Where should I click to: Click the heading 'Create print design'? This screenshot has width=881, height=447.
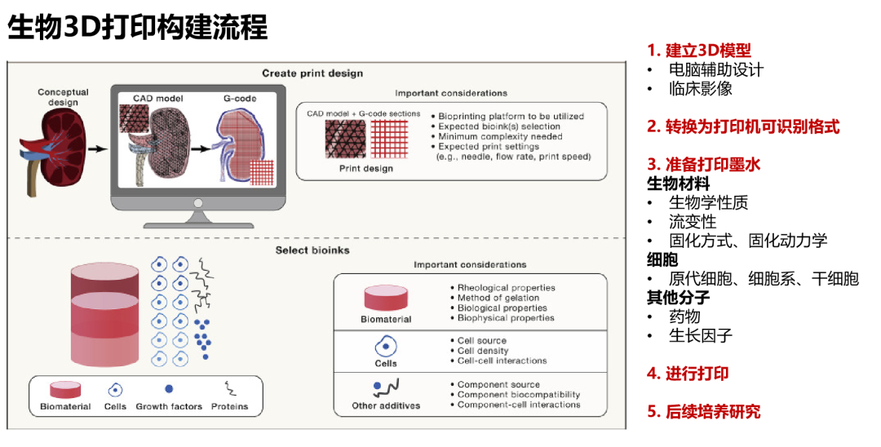pyautogui.click(x=312, y=73)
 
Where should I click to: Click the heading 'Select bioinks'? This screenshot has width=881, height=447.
pyautogui.click(x=312, y=250)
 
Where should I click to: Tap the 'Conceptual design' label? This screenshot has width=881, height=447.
pyautogui.click(x=63, y=97)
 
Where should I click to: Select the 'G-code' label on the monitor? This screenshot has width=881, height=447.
pyautogui.click(x=240, y=98)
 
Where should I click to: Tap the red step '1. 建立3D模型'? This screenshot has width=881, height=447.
pyautogui.click(x=699, y=51)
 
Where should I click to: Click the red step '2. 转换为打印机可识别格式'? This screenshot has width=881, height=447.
pyautogui.click(x=743, y=127)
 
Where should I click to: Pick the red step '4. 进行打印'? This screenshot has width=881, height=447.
pyautogui.click(x=688, y=374)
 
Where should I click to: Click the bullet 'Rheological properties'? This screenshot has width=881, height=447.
pyautogui.click(x=506, y=288)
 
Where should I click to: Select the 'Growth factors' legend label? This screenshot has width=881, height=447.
pyautogui.click(x=168, y=406)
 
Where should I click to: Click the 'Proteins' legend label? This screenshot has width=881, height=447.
pyautogui.click(x=229, y=406)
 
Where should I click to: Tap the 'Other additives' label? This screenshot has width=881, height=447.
pyautogui.click(x=386, y=405)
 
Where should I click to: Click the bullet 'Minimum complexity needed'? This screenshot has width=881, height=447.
pyautogui.click(x=500, y=137)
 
